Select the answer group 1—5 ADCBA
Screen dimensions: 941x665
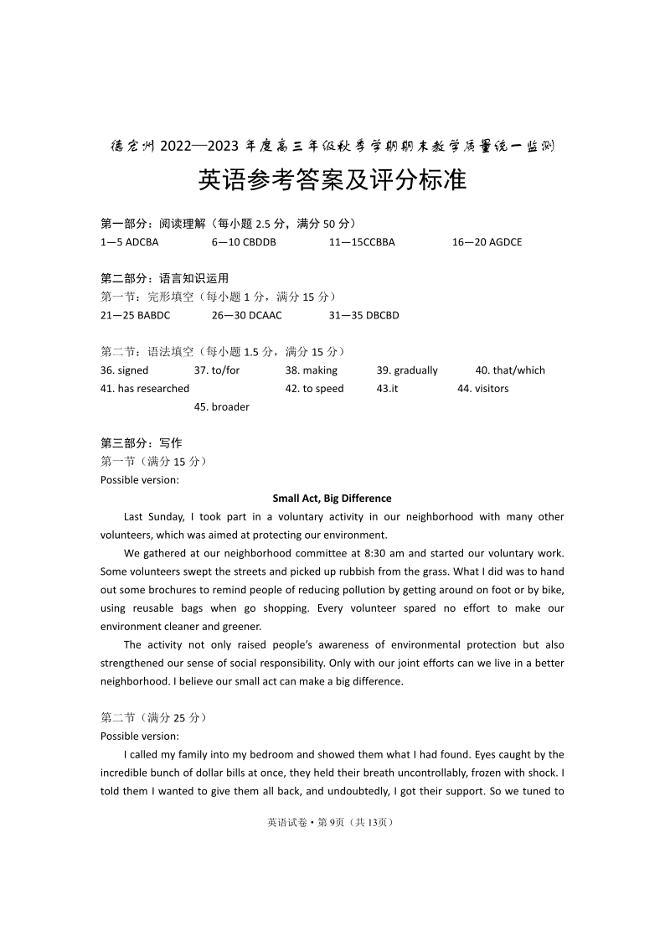point(129,242)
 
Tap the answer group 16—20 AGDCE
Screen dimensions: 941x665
point(487,242)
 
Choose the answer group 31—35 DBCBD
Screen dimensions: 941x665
point(363,315)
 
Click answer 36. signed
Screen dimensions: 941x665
point(124,370)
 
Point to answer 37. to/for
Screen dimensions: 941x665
point(216,370)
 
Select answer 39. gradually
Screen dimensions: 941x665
point(407,370)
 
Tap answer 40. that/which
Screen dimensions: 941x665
point(510,370)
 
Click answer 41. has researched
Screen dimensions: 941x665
point(145,389)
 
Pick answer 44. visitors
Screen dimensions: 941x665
point(482,389)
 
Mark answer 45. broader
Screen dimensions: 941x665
point(221,407)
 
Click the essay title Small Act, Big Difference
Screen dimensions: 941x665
point(332,499)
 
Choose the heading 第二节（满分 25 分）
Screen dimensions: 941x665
point(153,718)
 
